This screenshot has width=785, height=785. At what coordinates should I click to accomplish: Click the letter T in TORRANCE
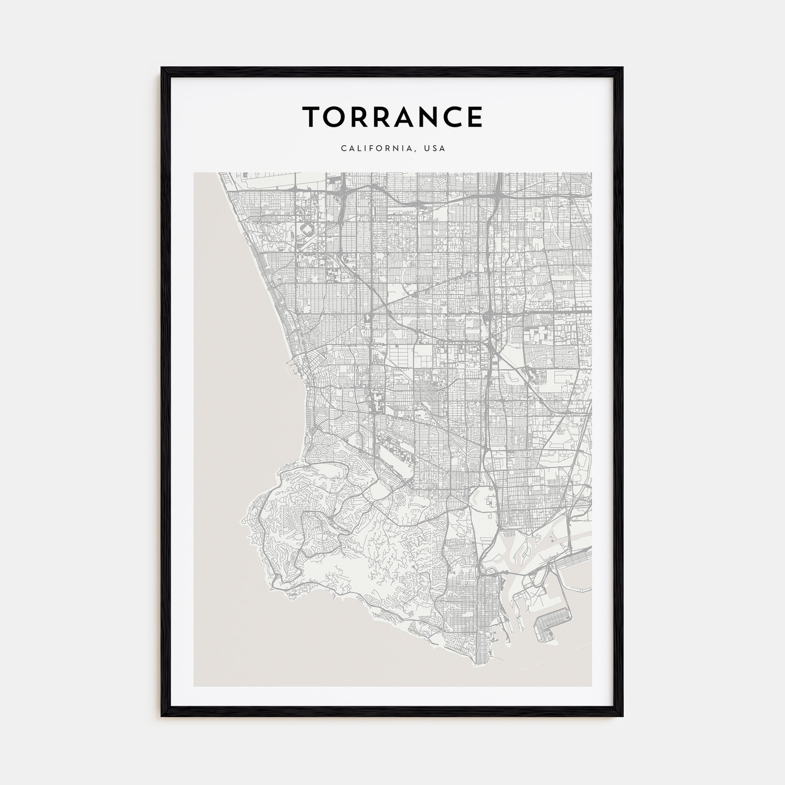313,117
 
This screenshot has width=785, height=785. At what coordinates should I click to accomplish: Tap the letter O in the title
340,117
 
